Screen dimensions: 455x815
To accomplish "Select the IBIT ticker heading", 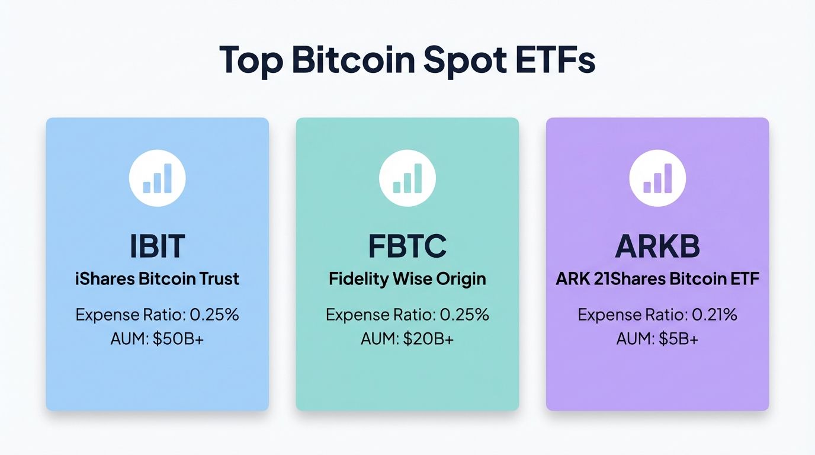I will coord(158,246).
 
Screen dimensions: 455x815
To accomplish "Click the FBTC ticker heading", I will coord(407,246).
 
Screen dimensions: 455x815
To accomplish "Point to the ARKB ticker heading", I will coord(657,246).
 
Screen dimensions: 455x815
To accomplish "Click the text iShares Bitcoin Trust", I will coord(158,278).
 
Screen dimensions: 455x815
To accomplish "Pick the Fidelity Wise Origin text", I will coord(407,278).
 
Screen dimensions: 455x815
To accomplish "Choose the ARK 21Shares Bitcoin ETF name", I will coord(657,278).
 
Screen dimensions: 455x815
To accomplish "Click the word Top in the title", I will coord(251,59).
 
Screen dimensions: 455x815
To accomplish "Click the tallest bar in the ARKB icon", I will coord(668,178).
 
